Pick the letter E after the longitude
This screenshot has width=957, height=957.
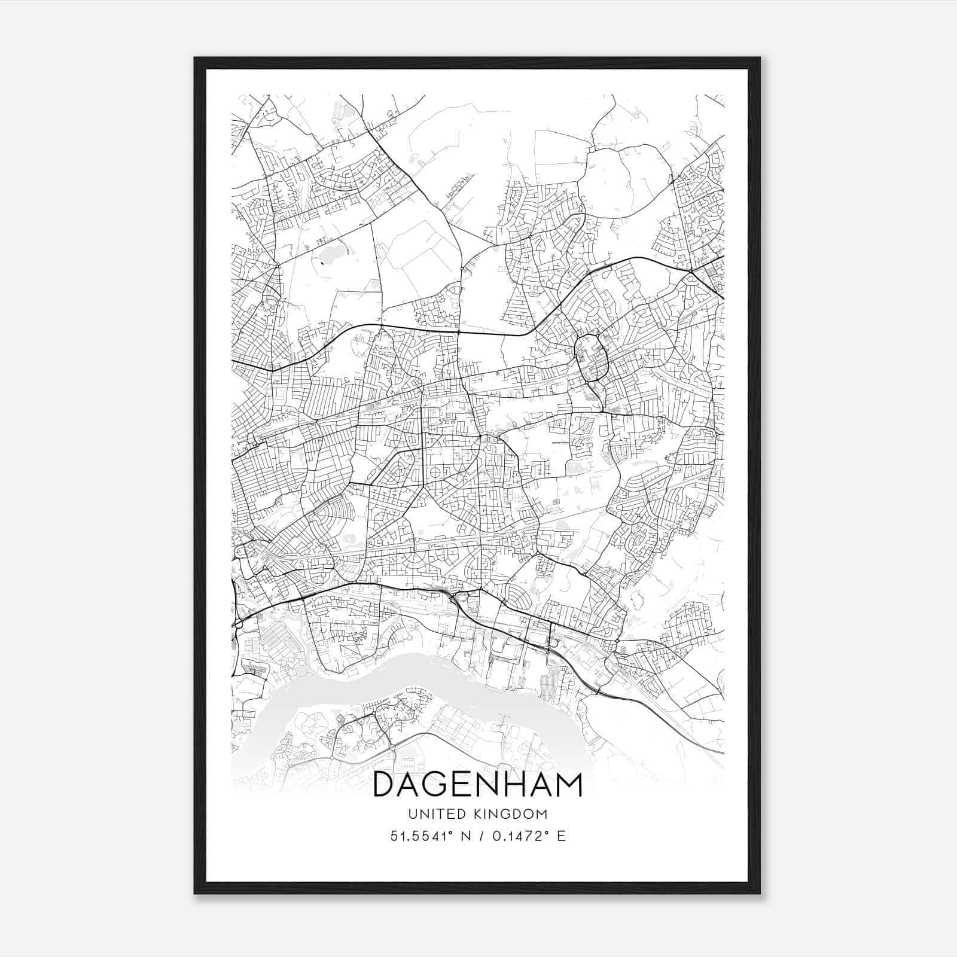pyautogui.click(x=561, y=836)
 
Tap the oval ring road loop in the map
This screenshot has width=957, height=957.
pyautogui.click(x=591, y=358)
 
